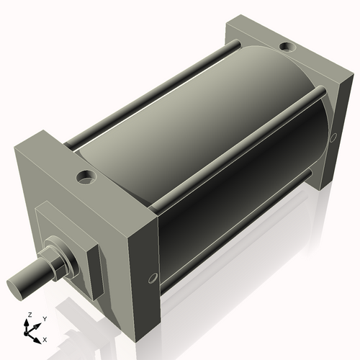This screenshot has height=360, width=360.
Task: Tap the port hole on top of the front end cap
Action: (x=88, y=175)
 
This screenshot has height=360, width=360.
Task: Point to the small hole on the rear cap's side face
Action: (x=333, y=136)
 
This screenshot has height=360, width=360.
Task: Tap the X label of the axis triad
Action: (x=45, y=338)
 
